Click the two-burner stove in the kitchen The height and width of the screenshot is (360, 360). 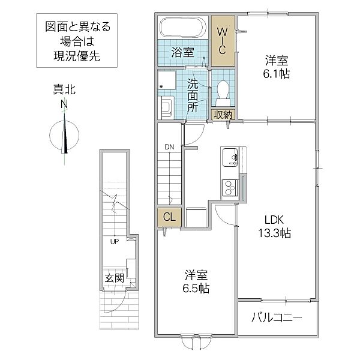[x=229, y=189]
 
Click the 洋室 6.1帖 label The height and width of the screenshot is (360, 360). [x=277, y=67]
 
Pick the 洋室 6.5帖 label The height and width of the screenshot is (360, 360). [x=196, y=282]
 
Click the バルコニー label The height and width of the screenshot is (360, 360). [x=277, y=317]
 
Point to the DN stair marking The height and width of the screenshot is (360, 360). [x=170, y=147]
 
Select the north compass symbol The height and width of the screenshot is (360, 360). [x=64, y=135]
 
